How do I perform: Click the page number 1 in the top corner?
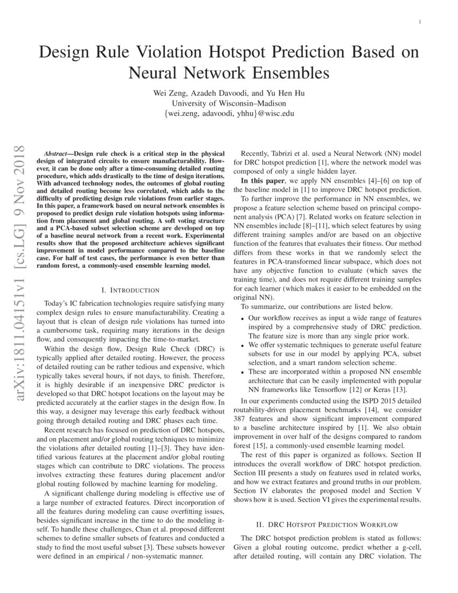click(419, 22)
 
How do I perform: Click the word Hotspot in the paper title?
click(265, 52)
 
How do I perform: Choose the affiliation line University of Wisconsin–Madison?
click(229, 103)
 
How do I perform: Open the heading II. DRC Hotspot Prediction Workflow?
click(327, 523)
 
